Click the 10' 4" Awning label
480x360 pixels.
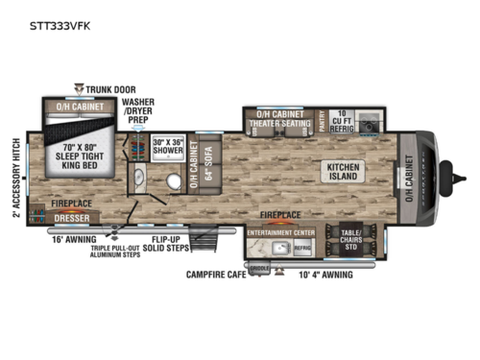tap(324, 276)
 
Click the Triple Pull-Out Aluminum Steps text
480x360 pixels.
tap(124, 251)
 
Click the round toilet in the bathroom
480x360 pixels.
tap(173, 182)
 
